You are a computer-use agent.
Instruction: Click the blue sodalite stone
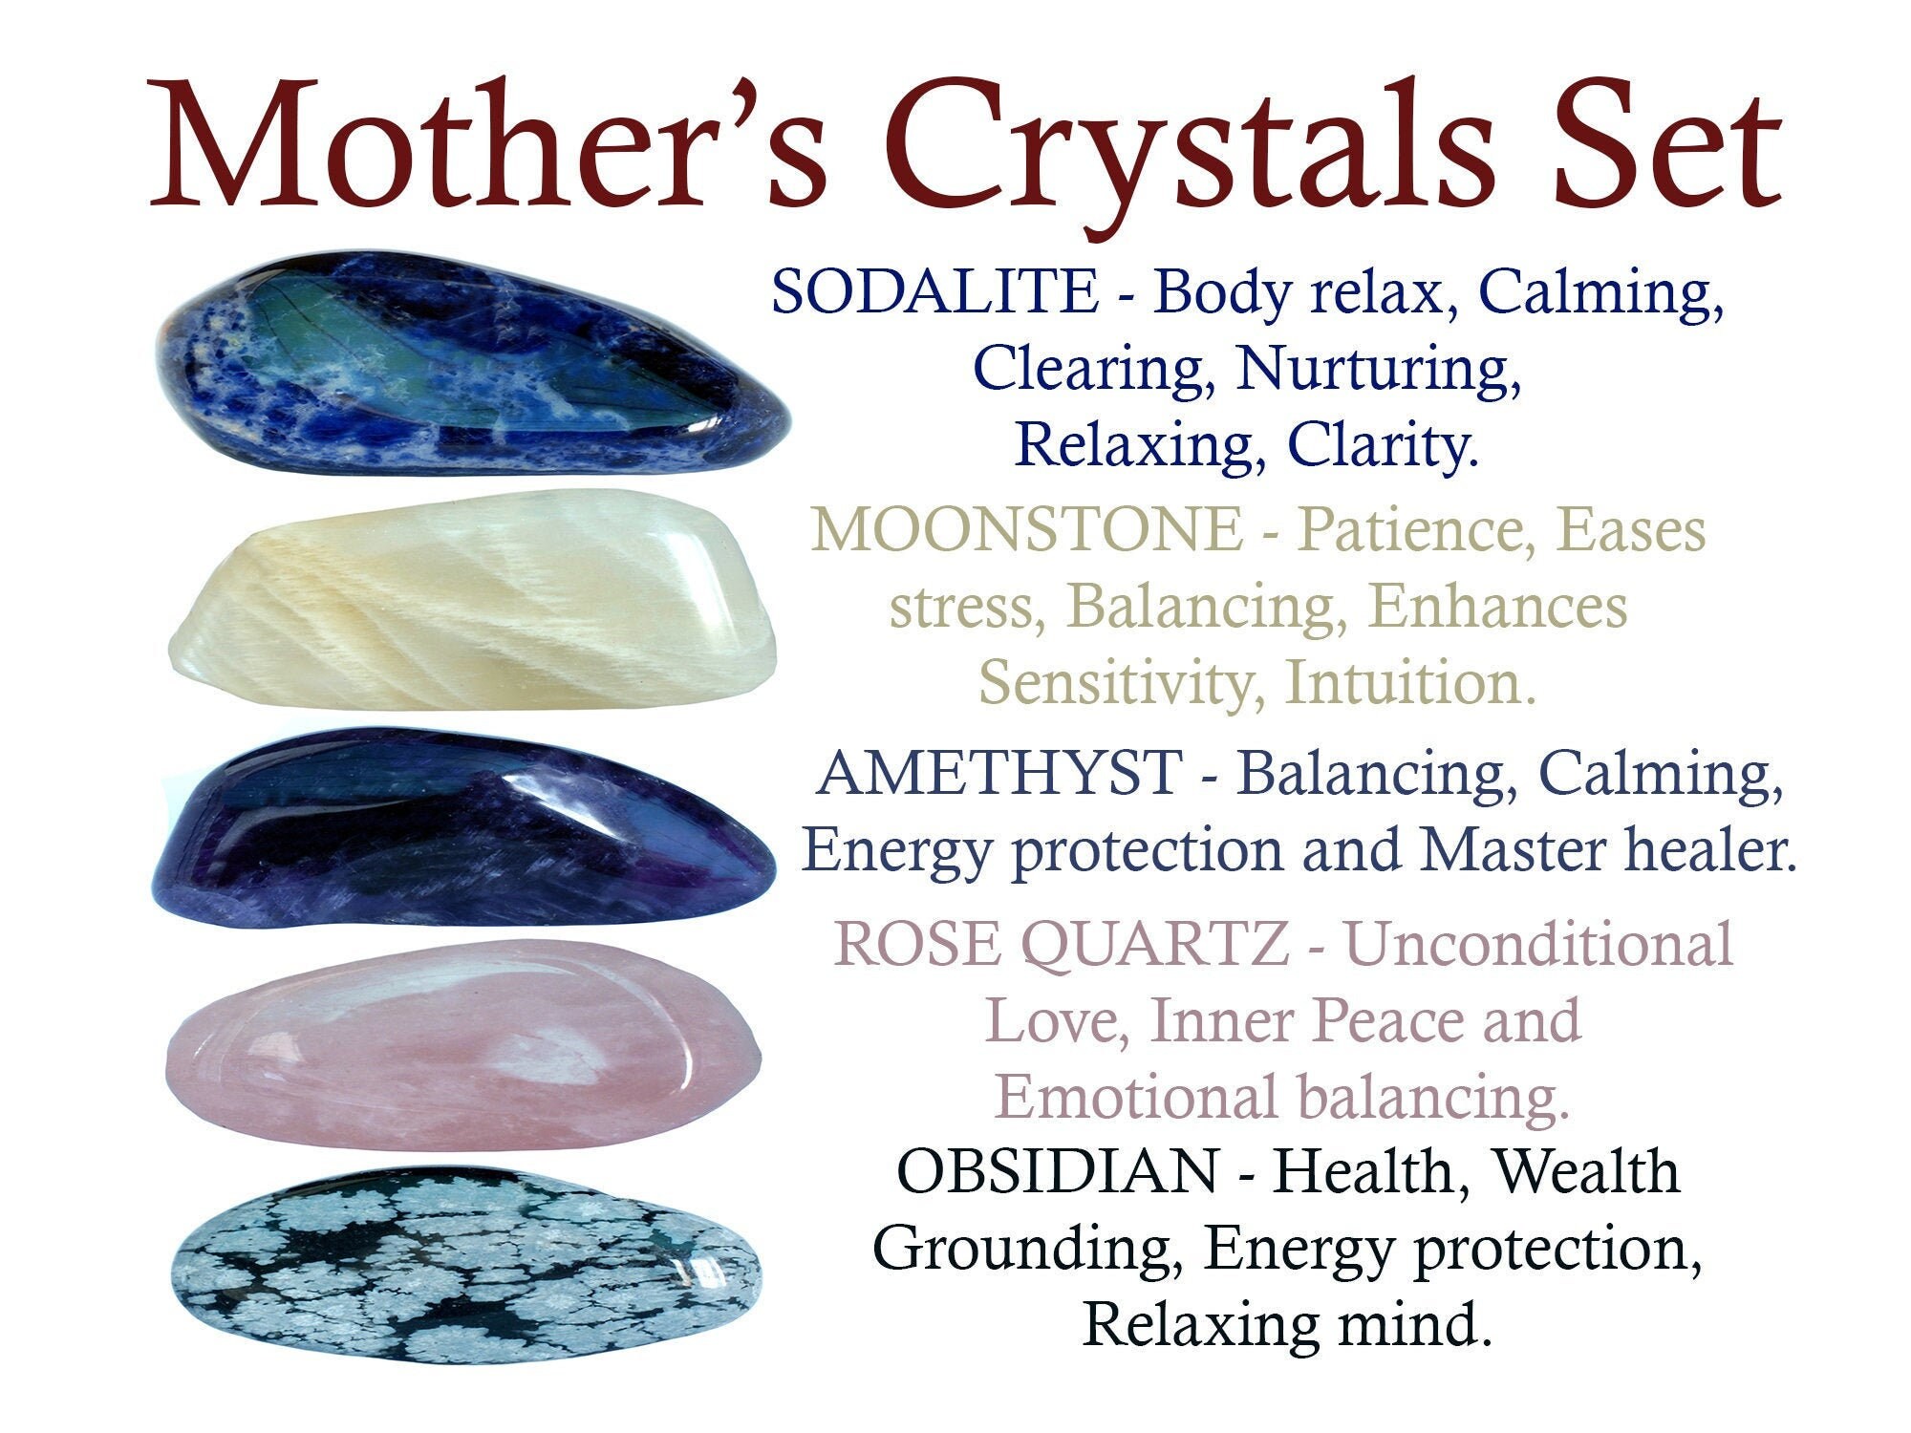pos(468,368)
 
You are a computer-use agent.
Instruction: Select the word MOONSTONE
pos(1026,529)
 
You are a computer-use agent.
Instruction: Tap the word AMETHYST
pos(998,773)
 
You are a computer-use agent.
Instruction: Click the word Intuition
pos(1410,684)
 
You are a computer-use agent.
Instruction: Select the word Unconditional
pos(1538,945)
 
